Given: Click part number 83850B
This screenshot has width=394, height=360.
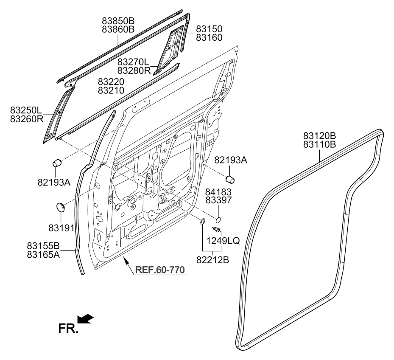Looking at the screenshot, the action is (x=118, y=21).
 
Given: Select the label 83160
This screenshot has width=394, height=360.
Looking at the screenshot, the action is (x=209, y=37).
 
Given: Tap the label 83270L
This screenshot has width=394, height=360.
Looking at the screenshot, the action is (x=133, y=62).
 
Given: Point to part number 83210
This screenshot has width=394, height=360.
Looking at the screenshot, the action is (x=111, y=90).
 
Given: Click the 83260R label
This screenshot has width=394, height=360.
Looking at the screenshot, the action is (x=27, y=119).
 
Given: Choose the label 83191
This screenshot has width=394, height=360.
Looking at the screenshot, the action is (x=61, y=228).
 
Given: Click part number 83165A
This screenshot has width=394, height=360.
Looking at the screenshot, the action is (x=43, y=255).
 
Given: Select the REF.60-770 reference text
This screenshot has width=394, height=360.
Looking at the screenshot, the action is (x=160, y=270).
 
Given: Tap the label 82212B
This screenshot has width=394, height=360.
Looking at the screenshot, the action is (x=212, y=260).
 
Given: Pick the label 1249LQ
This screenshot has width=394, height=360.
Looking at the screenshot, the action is (x=223, y=241).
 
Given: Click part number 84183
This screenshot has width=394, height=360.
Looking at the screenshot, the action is (x=218, y=192).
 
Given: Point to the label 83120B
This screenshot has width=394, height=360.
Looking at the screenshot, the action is (x=319, y=136).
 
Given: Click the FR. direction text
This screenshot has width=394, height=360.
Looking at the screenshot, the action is (x=68, y=328).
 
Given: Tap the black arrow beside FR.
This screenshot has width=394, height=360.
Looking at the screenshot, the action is (x=85, y=318).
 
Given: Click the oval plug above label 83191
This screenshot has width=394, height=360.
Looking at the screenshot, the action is (x=60, y=207).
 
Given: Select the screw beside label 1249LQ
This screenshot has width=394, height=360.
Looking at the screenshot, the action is (x=216, y=229).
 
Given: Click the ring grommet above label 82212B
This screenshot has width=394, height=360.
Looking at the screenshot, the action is (x=202, y=221).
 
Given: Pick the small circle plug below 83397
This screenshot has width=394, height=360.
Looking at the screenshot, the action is (x=218, y=220).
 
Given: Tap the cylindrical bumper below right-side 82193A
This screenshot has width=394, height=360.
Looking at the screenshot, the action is (x=230, y=180).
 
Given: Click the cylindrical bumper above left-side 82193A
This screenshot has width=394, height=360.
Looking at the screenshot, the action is (x=57, y=163).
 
